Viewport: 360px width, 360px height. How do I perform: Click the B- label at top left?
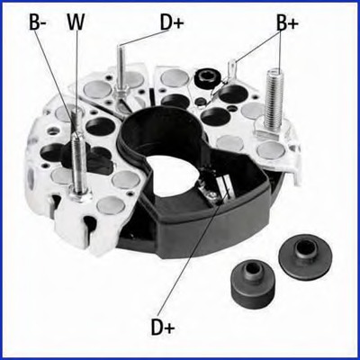(x=38, y=22)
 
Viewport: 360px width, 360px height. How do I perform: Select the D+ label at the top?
(x=173, y=21)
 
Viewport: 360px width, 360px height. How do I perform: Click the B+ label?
(x=287, y=22)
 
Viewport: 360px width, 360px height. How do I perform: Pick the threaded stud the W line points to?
(x=77, y=162)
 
